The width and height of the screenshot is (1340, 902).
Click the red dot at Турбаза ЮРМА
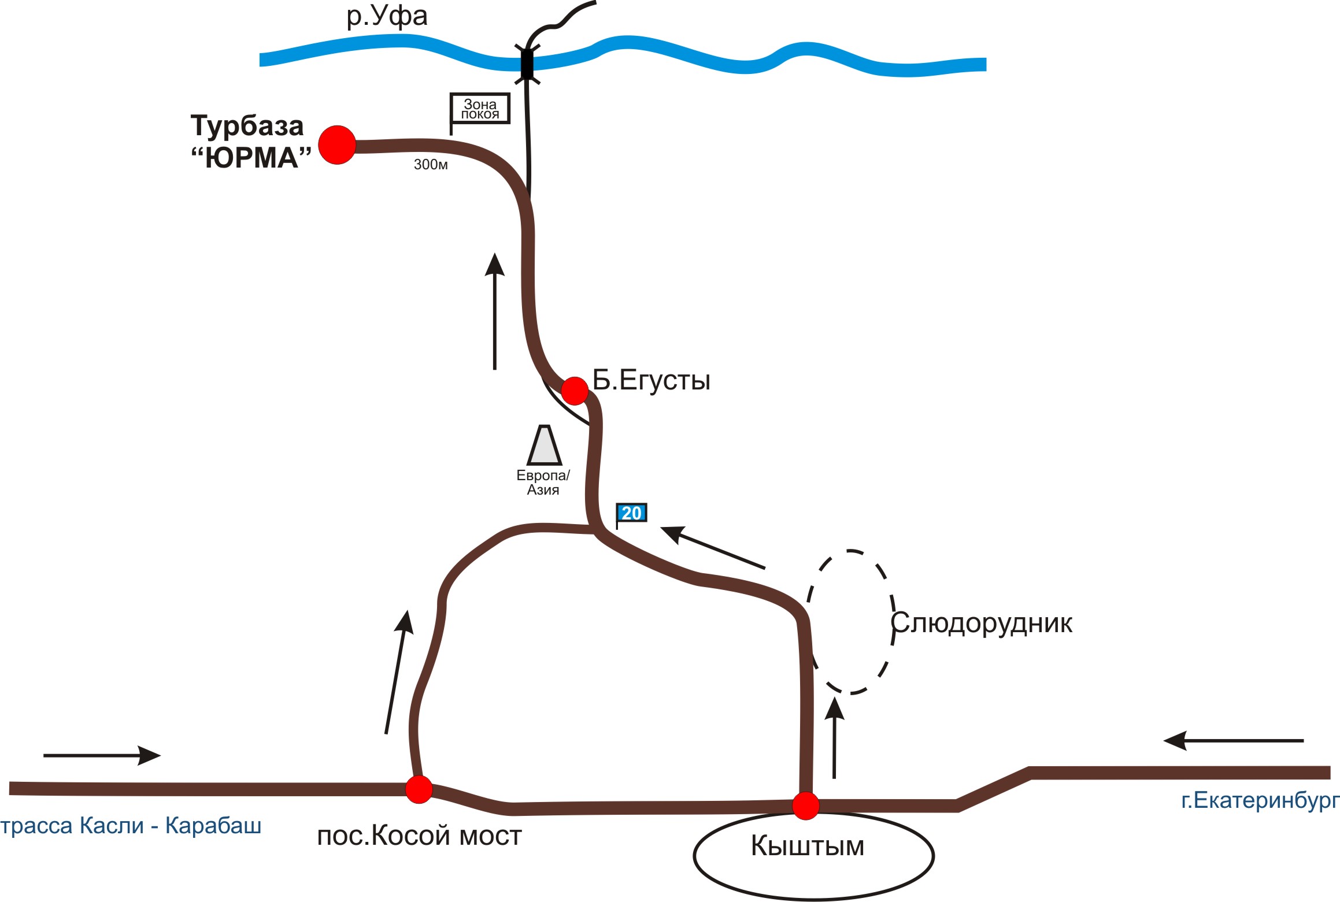pyautogui.click(x=337, y=145)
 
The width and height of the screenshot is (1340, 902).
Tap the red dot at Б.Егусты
pyautogui.click(x=575, y=391)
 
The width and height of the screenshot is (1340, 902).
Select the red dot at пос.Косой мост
pyautogui.click(x=419, y=789)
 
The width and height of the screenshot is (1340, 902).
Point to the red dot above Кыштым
pyautogui.click(x=806, y=806)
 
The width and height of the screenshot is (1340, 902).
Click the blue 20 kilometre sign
pyautogui.click(x=631, y=513)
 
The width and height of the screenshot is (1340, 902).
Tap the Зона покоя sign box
pyautogui.click(x=480, y=109)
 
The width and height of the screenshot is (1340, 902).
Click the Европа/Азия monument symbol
pyautogui.click(x=544, y=446)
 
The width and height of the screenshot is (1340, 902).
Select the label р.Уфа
pyautogui.click(x=387, y=16)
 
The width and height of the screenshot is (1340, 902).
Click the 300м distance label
pyautogui.click(x=431, y=165)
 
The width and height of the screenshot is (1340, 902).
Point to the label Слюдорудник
pyautogui.click(x=981, y=623)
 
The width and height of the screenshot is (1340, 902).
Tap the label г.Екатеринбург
pyautogui.click(x=1260, y=800)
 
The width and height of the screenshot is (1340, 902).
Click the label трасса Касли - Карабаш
pyautogui.click(x=131, y=826)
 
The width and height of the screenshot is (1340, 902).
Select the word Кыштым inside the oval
pyautogui.click(x=808, y=846)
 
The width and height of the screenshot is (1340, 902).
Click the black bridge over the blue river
pyautogui.click(x=527, y=64)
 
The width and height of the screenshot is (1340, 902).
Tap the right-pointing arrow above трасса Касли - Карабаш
pyautogui.click(x=102, y=755)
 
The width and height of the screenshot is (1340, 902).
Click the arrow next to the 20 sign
pyautogui.click(x=712, y=547)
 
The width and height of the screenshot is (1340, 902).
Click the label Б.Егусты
pyautogui.click(x=652, y=381)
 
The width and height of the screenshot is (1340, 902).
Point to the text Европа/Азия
pyautogui.click(x=543, y=482)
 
